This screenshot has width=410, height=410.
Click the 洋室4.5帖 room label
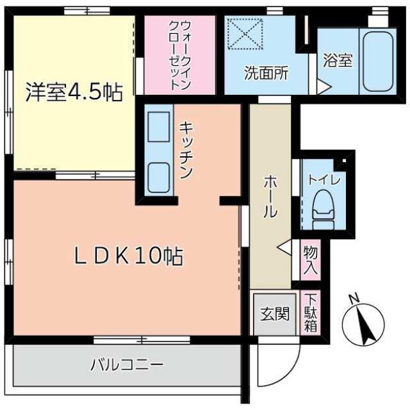coord(74,92)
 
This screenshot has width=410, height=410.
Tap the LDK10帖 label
coord(129,256)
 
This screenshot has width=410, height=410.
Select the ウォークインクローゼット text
coord(179,56)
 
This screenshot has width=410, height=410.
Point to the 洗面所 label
coord(266,72)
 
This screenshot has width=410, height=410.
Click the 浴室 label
coord(338,60)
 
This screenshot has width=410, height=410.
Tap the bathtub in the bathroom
coord(378,61)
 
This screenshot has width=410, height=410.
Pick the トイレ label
coord(324,180)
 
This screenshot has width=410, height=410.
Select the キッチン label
coord(186,150)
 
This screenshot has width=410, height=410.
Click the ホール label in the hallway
coord(270,197)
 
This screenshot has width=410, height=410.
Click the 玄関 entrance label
coord(275,313)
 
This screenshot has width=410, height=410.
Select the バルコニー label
coord(127,365)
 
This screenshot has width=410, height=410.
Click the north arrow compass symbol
coord(364,325)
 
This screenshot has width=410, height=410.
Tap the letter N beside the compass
coord(354,299)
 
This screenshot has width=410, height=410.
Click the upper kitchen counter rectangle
coord(158,127)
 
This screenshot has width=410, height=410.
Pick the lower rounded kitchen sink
coord(159,177)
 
